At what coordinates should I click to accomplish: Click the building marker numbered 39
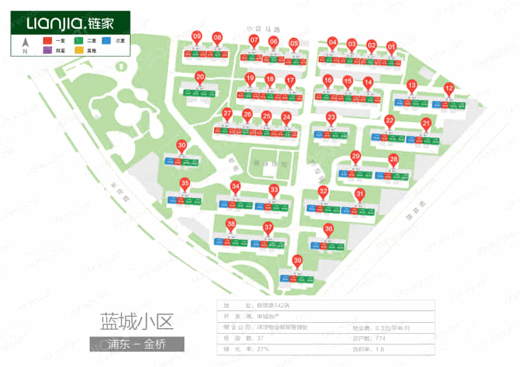click(x=298, y=261)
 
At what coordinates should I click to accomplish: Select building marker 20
click(x=200, y=77)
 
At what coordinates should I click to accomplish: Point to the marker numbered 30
click(x=182, y=146)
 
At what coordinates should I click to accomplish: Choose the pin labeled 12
click(x=448, y=88)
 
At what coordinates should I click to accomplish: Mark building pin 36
click(x=329, y=229)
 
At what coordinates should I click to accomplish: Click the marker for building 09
click(x=197, y=36)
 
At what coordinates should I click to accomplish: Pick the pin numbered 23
click(x=331, y=118)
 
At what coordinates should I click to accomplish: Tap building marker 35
click(x=185, y=184)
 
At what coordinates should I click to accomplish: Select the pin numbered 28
click(x=393, y=159)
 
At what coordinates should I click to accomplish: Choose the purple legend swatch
click(x=46, y=50)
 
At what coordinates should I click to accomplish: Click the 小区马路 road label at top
click(x=263, y=29)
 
